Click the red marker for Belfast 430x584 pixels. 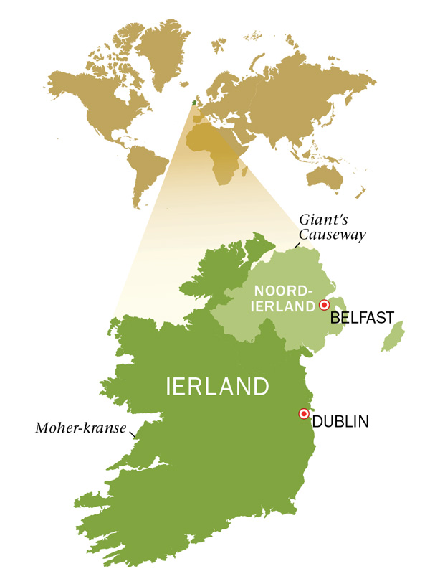coord(322,304)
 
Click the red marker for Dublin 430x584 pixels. coord(303,414)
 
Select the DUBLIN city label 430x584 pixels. coord(340,422)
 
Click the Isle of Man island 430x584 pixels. coord(393,336)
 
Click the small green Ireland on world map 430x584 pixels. coord(191,103)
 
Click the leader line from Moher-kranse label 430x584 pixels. coord(132,432)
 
